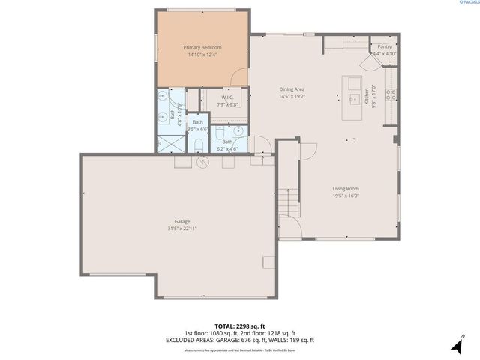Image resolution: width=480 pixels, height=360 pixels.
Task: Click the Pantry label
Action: pos(384,46)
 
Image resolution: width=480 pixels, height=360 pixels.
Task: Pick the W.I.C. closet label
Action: pos(229,97)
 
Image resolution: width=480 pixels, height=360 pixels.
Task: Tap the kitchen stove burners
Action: pos(390,94)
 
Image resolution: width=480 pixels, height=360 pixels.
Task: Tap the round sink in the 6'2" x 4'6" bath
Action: pos(238,130)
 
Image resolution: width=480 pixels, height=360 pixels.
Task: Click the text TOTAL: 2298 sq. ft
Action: pos(240,326)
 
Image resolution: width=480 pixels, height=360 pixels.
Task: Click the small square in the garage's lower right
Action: pos(268,262)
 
